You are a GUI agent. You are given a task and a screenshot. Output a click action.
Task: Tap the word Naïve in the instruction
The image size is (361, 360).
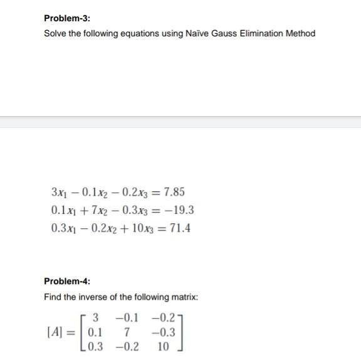pos(198,33)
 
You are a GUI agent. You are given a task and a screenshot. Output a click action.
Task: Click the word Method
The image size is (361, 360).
pos(301,33)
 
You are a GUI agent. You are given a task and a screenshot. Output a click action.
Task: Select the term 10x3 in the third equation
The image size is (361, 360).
pos(141,228)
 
